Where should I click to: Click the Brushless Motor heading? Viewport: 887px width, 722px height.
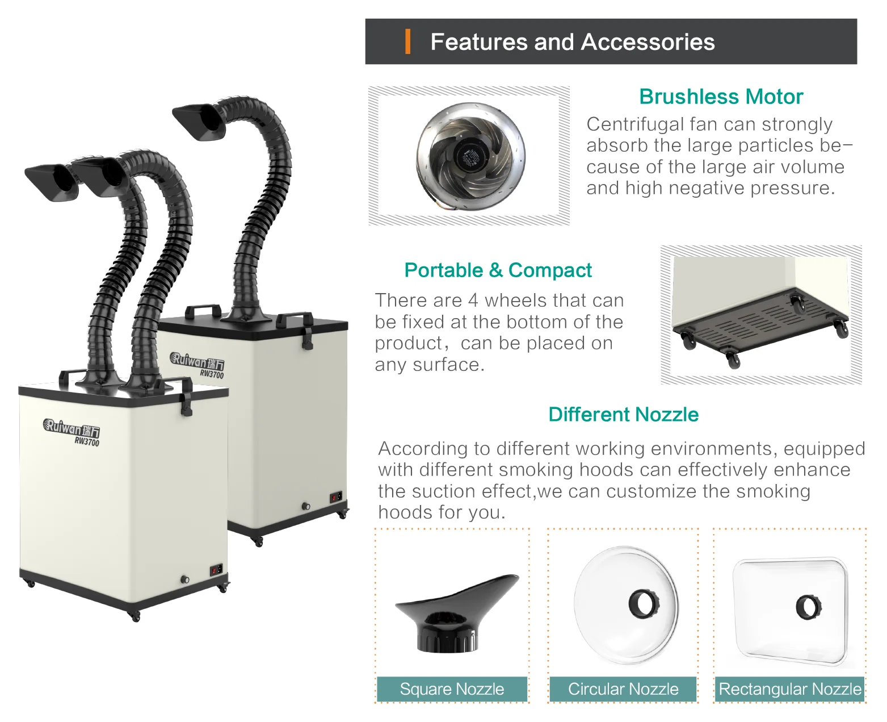click(x=721, y=97)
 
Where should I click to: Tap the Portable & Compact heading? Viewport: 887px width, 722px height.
click(x=498, y=270)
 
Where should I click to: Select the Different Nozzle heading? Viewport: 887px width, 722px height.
click(x=623, y=415)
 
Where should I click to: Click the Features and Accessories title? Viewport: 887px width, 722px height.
click(x=572, y=42)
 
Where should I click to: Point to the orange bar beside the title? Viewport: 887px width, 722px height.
click(x=407, y=42)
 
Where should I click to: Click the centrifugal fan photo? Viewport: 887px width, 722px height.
click(x=470, y=155)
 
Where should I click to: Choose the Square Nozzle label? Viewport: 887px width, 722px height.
click(x=452, y=689)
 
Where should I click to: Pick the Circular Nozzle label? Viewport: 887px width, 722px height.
click(x=623, y=689)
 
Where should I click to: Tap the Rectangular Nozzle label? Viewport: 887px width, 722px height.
click(x=790, y=689)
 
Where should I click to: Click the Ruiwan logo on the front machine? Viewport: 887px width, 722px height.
click(x=71, y=427)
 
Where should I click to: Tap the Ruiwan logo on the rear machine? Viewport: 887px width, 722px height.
click(x=196, y=361)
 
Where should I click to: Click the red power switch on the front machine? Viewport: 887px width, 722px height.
click(x=215, y=570)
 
